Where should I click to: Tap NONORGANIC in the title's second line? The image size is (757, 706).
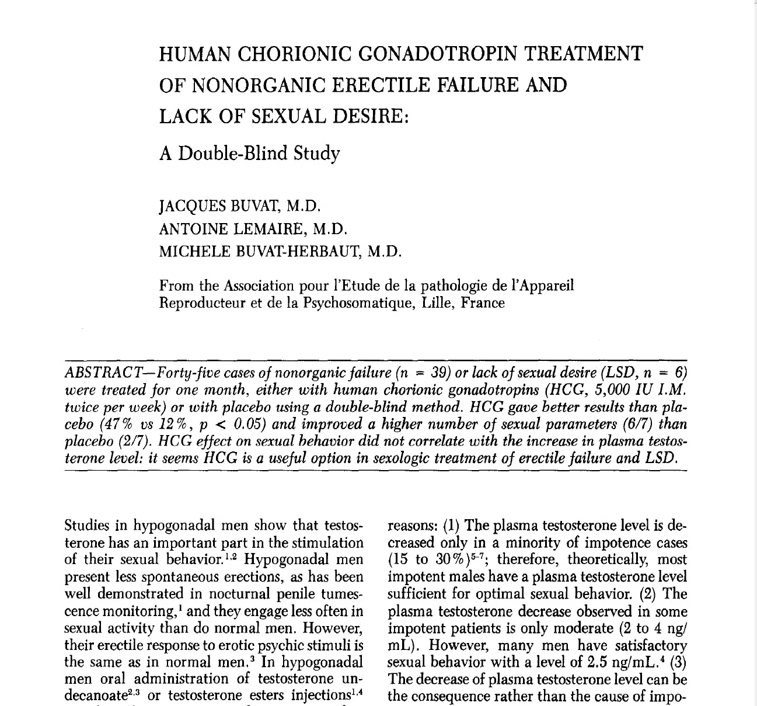click(258, 86)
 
